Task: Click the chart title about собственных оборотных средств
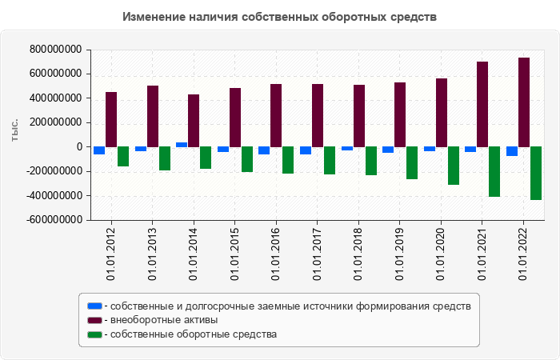click(280, 17)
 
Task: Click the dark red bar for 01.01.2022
click(524, 102)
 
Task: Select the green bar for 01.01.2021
click(494, 171)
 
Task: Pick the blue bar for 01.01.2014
click(182, 145)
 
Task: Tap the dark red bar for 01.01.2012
click(111, 119)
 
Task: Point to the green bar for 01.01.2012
click(123, 156)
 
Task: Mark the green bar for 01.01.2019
click(412, 162)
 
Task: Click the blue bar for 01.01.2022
click(512, 151)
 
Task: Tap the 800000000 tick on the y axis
click(56, 50)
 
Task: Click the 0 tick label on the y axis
click(80, 147)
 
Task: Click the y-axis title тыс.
click(15, 134)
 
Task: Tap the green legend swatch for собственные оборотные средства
click(95, 334)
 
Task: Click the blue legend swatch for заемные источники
click(95, 306)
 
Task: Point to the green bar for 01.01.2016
click(288, 160)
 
